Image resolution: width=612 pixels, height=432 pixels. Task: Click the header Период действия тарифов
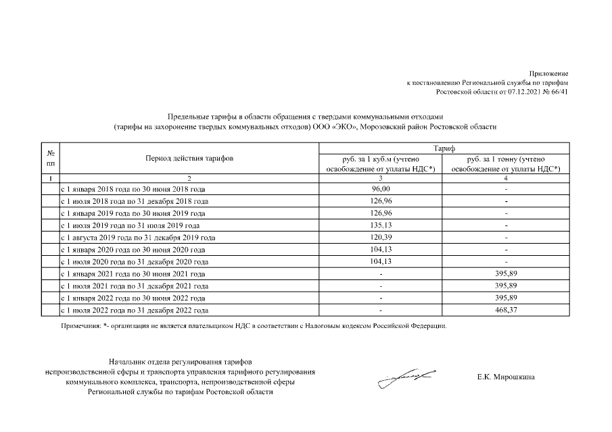click(x=189, y=158)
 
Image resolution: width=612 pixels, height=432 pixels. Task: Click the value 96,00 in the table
click(x=382, y=190)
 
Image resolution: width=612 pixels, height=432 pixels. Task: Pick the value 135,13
click(x=382, y=225)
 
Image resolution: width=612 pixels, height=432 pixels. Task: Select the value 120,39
click(x=382, y=238)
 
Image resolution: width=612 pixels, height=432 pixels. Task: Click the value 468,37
click(x=507, y=310)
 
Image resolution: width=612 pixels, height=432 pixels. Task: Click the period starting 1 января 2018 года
click(x=133, y=190)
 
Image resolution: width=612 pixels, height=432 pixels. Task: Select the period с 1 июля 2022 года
click(x=135, y=310)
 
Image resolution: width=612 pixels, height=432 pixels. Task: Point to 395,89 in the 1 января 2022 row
click(x=507, y=298)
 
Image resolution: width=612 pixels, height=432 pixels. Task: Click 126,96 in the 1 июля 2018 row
click(x=382, y=201)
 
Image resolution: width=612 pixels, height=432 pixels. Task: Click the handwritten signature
click(x=406, y=375)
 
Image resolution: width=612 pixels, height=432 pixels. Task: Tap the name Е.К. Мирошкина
click(x=505, y=377)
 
